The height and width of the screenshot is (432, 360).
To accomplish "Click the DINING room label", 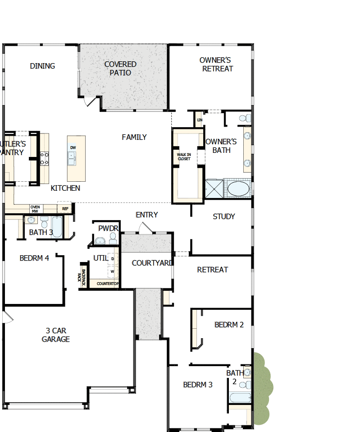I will click(x=42, y=66).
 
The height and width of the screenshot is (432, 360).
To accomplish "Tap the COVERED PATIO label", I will click(x=120, y=68).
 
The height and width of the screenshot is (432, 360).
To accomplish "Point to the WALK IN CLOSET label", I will click(x=184, y=156).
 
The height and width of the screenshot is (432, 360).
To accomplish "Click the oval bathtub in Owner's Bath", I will click(x=238, y=189).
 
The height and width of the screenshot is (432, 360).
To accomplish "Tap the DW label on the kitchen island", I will click(x=73, y=147).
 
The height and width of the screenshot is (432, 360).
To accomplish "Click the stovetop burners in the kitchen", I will click(x=45, y=158).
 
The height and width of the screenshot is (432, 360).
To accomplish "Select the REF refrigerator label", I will click(x=65, y=209).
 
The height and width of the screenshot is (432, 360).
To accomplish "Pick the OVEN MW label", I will click(x=35, y=209).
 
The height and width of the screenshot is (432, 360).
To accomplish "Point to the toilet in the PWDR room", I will click(x=113, y=238).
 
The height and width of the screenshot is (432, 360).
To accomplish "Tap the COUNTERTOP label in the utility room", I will click(x=108, y=284).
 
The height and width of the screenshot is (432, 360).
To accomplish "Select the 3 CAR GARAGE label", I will click(x=56, y=335).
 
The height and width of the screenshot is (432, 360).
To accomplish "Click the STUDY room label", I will click(x=224, y=216).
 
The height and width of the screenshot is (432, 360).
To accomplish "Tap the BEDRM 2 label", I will click(x=229, y=325).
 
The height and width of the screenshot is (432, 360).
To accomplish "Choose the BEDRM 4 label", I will click(x=34, y=258).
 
